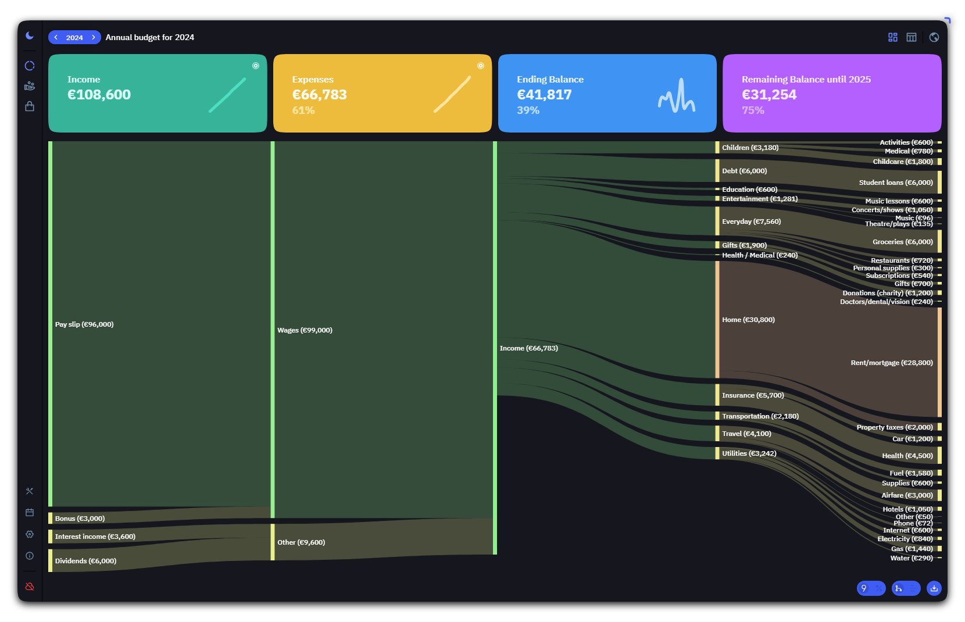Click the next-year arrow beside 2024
[x=94, y=37]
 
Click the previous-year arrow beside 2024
[x=56, y=37]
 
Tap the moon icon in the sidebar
[x=30, y=36]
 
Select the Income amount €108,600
[x=99, y=94]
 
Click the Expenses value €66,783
[x=319, y=94]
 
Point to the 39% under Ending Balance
[x=528, y=110]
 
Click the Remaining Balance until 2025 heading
[x=806, y=79]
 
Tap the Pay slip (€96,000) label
[x=84, y=324]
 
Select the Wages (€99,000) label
[x=305, y=330]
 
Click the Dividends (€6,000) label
[x=85, y=561]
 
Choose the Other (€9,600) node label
[x=301, y=542]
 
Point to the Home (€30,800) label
[x=748, y=320]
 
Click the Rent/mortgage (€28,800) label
[x=892, y=363]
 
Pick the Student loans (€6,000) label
[x=896, y=183]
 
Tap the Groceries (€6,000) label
[x=903, y=242]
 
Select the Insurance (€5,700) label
[x=753, y=395]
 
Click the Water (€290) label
[x=912, y=558]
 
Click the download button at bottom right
[x=934, y=588]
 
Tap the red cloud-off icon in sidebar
[x=30, y=586]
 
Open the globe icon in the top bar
[x=934, y=37]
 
